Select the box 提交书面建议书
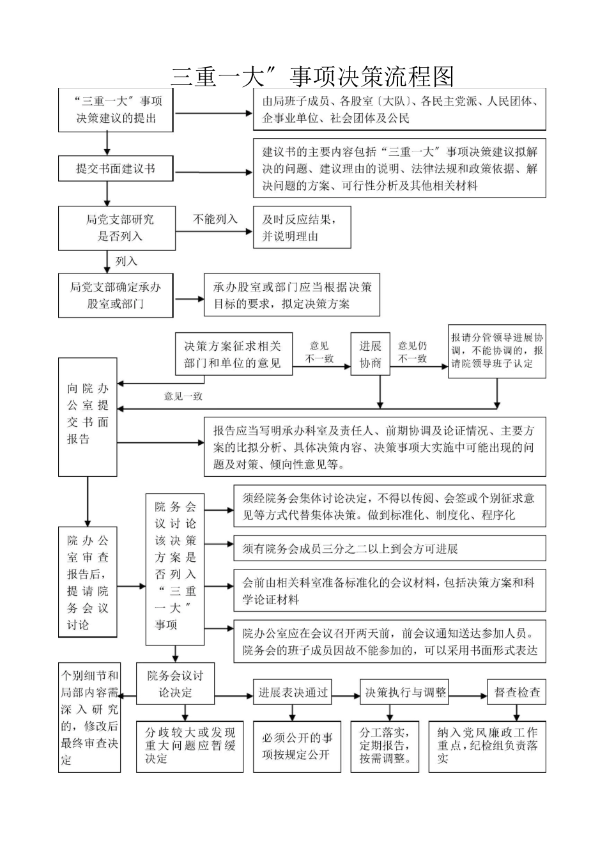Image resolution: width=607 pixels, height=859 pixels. (x=116, y=169)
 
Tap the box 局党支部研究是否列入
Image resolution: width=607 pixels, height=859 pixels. (x=116, y=228)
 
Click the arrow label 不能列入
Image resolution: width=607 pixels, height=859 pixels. (x=215, y=219)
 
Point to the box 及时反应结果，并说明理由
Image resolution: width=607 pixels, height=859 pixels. (x=302, y=228)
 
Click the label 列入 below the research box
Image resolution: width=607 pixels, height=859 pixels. (x=126, y=261)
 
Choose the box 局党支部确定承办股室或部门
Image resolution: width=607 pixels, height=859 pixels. (x=116, y=295)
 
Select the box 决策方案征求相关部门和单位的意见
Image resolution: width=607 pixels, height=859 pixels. (x=233, y=354)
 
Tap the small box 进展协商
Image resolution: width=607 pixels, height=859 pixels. (x=370, y=354)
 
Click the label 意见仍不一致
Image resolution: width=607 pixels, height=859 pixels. (x=413, y=352)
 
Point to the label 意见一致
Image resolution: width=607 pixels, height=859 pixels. (x=183, y=396)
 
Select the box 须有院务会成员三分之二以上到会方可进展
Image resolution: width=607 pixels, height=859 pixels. (x=390, y=548)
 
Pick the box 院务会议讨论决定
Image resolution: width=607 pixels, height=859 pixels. (x=175, y=683)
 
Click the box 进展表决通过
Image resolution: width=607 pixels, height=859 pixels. (x=293, y=692)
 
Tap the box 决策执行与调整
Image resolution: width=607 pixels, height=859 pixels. (x=405, y=692)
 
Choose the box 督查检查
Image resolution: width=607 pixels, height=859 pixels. (x=517, y=692)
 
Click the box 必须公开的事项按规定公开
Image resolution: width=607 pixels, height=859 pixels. (x=297, y=747)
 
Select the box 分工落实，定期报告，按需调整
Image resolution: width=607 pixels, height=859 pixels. (x=385, y=746)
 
